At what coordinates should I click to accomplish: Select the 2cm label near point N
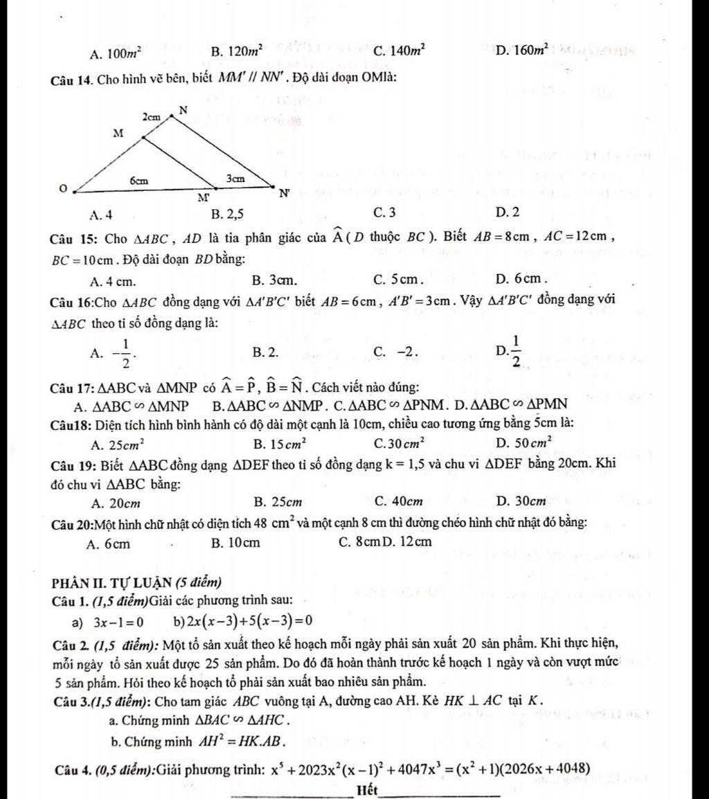152,118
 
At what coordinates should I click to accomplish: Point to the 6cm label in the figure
139,179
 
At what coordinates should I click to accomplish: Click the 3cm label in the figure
235,178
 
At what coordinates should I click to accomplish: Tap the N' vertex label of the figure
284,195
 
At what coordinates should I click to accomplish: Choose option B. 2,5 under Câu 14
228,212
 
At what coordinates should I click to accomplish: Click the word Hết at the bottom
368,790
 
